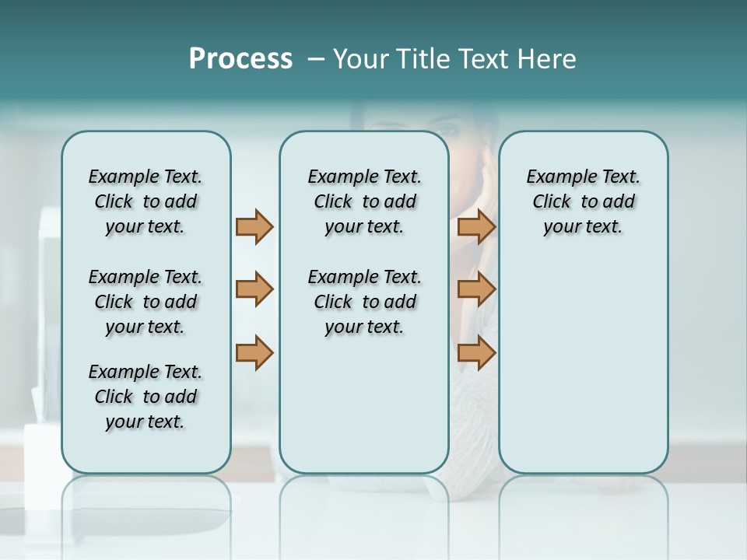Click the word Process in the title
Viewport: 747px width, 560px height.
[x=240, y=59]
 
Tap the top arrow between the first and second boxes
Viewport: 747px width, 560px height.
[x=254, y=226]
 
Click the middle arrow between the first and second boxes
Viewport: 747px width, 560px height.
[x=254, y=289]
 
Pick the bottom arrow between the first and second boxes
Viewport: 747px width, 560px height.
[x=254, y=352]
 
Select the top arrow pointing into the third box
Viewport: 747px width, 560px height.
[x=476, y=226]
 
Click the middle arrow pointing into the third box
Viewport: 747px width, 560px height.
[x=476, y=289]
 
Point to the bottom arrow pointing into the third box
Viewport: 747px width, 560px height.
[x=476, y=352]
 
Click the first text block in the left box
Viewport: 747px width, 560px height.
[x=146, y=201]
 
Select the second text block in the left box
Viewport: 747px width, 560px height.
[x=146, y=302]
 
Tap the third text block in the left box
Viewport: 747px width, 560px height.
[x=146, y=397]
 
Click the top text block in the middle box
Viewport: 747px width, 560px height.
[x=364, y=201]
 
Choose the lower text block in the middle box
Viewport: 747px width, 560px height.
[x=364, y=302]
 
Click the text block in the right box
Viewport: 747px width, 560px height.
[x=583, y=201]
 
